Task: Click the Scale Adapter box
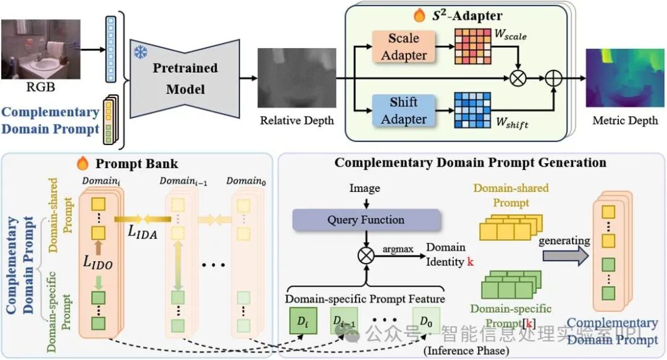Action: pyautogui.click(x=403, y=46)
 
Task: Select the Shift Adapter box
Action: pyautogui.click(x=403, y=111)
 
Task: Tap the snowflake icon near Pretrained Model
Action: pyautogui.click(x=140, y=52)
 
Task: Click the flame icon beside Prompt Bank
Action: pyautogui.click(x=82, y=163)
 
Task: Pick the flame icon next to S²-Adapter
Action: pyautogui.click(x=420, y=15)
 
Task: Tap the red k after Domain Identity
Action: pyautogui.click(x=470, y=261)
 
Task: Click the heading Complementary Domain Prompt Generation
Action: pyautogui.click(x=470, y=162)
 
